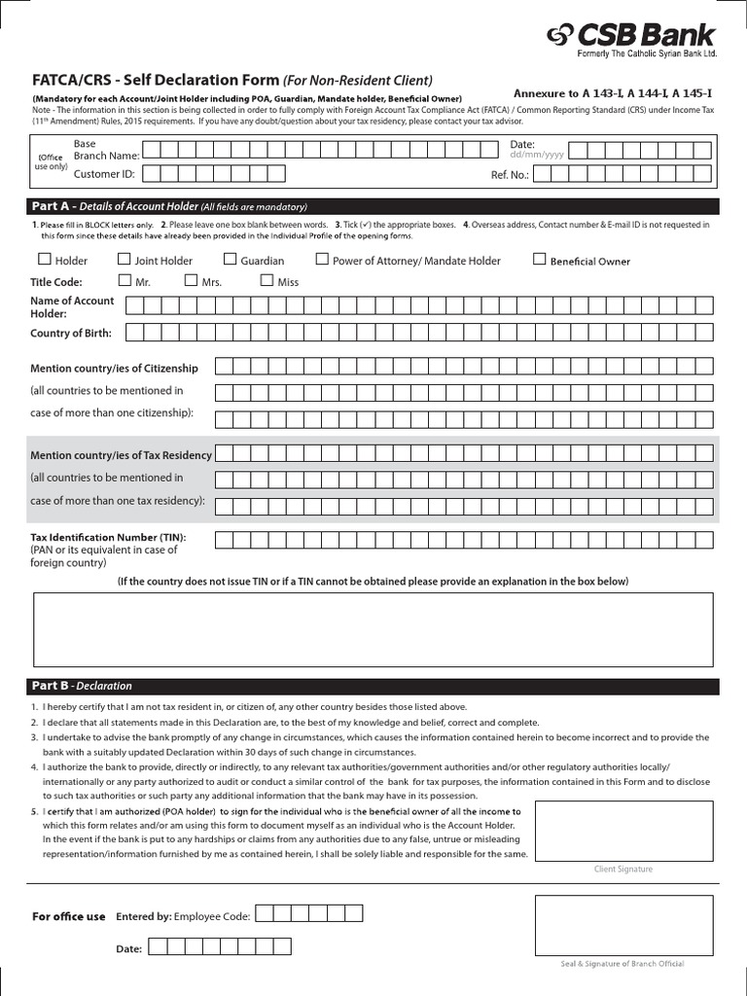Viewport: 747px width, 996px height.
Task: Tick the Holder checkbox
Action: [x=44, y=260]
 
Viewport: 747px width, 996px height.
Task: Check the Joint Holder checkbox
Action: [x=124, y=260]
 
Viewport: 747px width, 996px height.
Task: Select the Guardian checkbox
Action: [x=231, y=260]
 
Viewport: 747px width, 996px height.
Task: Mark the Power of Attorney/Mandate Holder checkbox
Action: [x=322, y=260]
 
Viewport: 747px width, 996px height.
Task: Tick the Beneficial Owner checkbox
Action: [x=540, y=260]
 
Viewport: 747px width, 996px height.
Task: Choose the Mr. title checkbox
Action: [x=124, y=280]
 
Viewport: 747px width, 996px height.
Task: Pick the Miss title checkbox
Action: [x=267, y=280]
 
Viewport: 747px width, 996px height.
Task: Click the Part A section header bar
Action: [x=373, y=206]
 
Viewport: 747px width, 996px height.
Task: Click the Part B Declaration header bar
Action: [x=373, y=686]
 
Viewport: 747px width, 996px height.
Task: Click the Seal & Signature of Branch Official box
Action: [x=622, y=924]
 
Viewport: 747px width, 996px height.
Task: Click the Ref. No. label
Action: [x=509, y=175]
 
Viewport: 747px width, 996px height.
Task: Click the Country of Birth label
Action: [x=71, y=334]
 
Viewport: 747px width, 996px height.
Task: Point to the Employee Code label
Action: [x=213, y=916]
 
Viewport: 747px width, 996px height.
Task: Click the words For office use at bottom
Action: [x=68, y=916]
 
